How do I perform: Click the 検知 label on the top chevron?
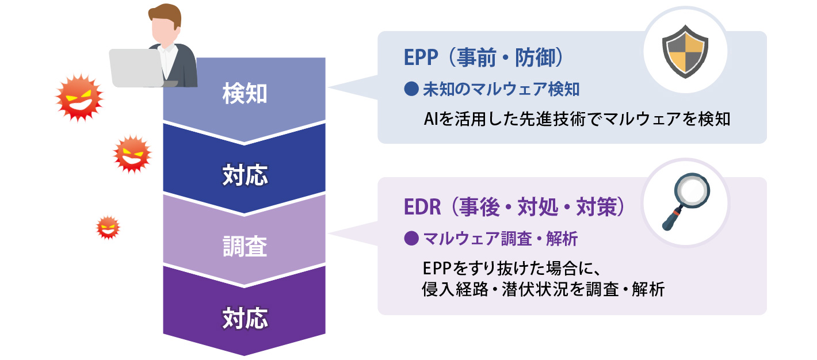pos(245,93)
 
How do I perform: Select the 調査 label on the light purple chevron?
pos(245,246)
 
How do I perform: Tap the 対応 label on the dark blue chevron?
pos(245,175)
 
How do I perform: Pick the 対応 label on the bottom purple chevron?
pos(245,318)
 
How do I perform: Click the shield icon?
pos(685,51)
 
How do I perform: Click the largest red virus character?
pos(79,97)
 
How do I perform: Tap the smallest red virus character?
pos(108,228)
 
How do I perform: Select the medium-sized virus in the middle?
pos(132,154)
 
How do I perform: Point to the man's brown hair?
pos(166,14)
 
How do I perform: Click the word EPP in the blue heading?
pos(421,58)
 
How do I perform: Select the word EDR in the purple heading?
pos(422,207)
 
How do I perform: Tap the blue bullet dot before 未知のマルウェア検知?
pos(411,89)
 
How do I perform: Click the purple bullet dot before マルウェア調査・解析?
pos(411,239)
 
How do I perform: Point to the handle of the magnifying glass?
pos(672,219)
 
